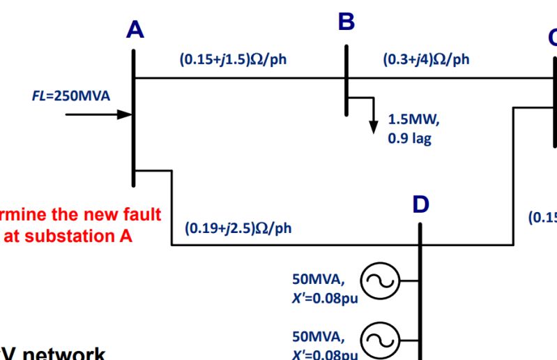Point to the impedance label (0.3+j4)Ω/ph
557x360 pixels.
tap(426, 59)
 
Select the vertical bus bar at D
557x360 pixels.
tap(420, 293)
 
